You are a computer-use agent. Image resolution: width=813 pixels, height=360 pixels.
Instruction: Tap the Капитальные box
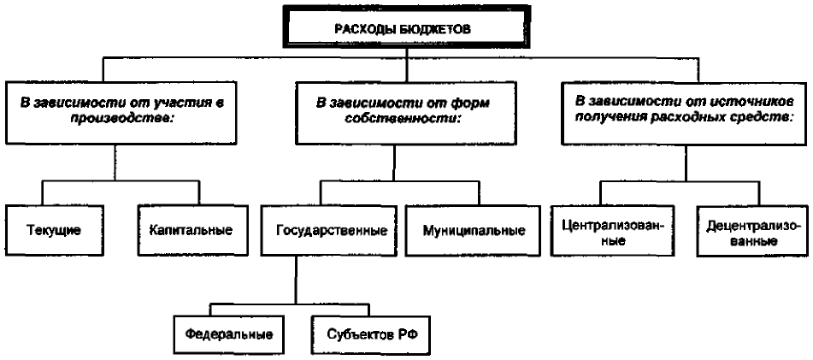[190, 230]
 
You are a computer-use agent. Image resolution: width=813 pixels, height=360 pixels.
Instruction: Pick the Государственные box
[332, 230]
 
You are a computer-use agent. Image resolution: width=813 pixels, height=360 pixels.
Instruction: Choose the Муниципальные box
[474, 230]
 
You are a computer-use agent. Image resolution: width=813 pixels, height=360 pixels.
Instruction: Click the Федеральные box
[228, 334]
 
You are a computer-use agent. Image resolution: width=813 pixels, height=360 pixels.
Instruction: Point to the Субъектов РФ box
[371, 334]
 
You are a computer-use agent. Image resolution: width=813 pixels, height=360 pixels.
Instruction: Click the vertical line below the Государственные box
[296, 279]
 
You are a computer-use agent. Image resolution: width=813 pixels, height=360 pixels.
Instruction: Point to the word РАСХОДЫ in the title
[372, 28]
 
